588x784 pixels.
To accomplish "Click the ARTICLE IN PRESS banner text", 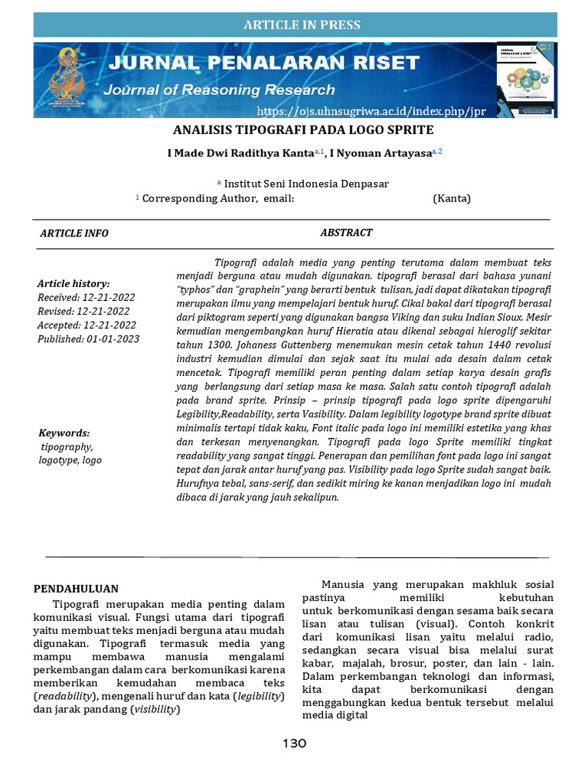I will [302, 25].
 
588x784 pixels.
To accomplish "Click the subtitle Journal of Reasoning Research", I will [219, 90].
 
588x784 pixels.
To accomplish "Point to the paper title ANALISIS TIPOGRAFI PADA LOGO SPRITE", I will [302, 129].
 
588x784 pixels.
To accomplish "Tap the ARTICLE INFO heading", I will [74, 234].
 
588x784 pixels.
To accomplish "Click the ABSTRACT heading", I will [346, 233].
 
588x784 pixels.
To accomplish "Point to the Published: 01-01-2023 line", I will [89, 338].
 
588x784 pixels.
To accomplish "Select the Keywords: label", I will [64, 433].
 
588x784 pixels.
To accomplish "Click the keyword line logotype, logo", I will [70, 460].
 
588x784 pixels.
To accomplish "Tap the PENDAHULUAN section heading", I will [76, 589].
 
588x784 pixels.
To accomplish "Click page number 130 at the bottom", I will [295, 743].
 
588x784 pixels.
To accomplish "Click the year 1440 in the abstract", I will [475, 345].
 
